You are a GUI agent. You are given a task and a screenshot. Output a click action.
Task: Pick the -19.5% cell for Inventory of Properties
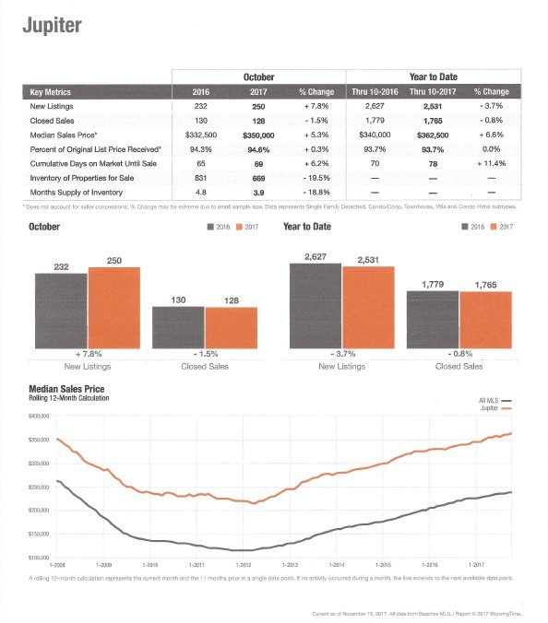(315, 177)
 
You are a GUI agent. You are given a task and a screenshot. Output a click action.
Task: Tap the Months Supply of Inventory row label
(75, 191)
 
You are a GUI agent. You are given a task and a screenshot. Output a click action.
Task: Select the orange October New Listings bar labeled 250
(113, 303)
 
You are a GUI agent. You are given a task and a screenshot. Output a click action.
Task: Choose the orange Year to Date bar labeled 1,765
(484, 320)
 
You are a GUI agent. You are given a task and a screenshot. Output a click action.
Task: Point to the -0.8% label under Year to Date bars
(459, 355)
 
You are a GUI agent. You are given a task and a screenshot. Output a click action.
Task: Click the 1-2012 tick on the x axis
(244, 562)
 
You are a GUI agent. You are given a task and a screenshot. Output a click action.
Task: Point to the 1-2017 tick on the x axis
(477, 562)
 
